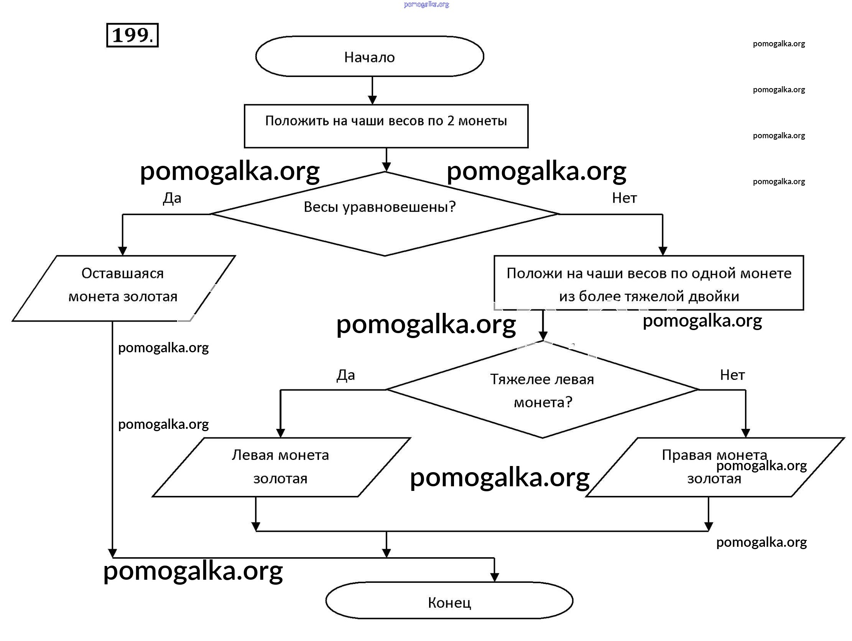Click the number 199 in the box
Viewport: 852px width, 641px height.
[132, 35]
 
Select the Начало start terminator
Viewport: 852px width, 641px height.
[369, 57]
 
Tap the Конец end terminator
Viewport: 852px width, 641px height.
[449, 602]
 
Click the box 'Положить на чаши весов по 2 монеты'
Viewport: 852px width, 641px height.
[386, 126]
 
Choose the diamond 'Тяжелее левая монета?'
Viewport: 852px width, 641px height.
[542, 390]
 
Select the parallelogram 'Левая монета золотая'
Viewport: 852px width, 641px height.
[281, 467]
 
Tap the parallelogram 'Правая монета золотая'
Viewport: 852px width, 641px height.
[714, 467]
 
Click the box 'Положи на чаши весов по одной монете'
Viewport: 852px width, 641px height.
[649, 283]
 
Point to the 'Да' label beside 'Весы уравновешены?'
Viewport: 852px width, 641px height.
[172, 198]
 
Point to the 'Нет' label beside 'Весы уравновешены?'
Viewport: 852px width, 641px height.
[624, 198]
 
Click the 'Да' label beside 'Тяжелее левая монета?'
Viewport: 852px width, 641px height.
[345, 375]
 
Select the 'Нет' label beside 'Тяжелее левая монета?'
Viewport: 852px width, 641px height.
[732, 375]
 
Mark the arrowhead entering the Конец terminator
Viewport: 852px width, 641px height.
[495, 577]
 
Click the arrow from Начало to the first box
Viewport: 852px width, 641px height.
[372, 91]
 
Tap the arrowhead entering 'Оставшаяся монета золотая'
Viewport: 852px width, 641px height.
[122, 251]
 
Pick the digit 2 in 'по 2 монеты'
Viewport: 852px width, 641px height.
[450, 121]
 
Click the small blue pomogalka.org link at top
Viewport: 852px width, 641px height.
[426, 5]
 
